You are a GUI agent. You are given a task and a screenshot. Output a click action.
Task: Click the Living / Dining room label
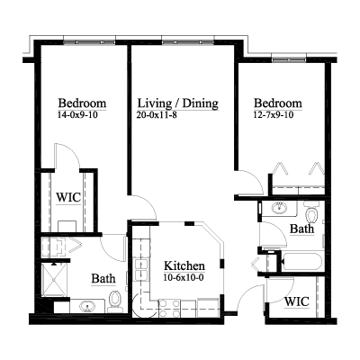tap(178, 103)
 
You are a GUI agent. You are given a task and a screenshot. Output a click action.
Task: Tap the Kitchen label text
tap(184, 265)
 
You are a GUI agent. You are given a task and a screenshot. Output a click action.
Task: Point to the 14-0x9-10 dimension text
tap(77, 114)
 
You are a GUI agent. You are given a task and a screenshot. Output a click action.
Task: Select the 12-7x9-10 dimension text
tap(273, 114)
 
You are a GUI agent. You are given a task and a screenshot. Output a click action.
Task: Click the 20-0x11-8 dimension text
tap(157, 114)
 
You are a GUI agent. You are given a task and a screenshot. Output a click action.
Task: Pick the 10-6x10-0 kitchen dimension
tap(184, 277)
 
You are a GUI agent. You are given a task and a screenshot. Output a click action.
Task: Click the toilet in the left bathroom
tap(114, 301)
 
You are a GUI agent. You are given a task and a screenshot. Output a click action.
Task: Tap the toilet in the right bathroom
tap(312, 212)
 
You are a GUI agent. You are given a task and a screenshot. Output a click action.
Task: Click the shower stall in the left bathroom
tap(54, 280)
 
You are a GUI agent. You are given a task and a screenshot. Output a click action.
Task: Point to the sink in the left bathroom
tap(87, 307)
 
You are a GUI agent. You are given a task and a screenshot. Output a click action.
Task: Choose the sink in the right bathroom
tap(279, 208)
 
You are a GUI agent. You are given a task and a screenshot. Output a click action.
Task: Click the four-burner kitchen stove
tap(169, 308)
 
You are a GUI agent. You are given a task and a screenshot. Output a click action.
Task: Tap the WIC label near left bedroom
tap(68, 198)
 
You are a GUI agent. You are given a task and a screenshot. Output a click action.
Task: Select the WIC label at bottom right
tap(297, 301)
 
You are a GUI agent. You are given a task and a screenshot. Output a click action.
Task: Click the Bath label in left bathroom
tap(103, 278)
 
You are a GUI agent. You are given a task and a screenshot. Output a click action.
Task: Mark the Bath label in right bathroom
tap(301, 229)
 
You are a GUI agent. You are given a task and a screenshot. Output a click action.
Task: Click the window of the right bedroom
tap(290, 59)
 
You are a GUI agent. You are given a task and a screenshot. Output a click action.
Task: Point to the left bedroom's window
tap(89, 42)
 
